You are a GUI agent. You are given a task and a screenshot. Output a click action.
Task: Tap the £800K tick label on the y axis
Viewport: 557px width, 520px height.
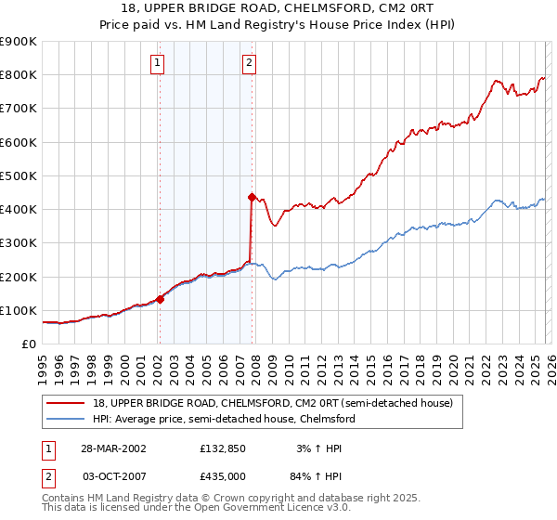[x=19, y=75]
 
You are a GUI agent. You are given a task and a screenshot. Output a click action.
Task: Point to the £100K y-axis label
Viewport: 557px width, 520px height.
[x=19, y=310]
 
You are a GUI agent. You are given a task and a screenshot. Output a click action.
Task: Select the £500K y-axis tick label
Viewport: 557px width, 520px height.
[x=19, y=175]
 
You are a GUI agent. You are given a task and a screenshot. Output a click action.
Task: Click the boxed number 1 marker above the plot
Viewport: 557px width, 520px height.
[x=157, y=63]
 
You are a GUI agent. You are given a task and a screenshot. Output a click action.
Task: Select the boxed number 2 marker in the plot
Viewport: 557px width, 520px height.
[x=250, y=63]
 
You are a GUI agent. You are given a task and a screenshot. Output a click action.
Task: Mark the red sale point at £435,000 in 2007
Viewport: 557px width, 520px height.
[x=252, y=197]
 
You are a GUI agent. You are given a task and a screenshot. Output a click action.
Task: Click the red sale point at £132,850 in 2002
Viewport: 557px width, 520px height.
[x=160, y=299]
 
